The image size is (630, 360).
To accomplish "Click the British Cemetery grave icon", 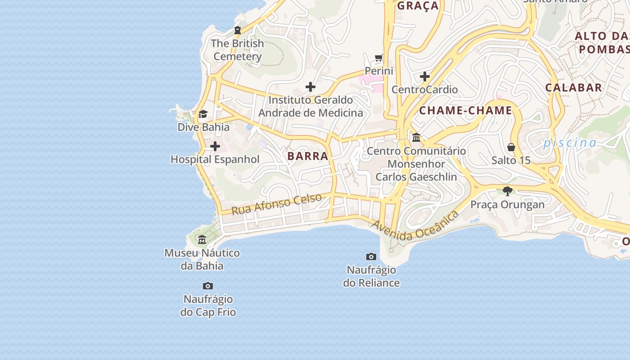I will tap(238, 30).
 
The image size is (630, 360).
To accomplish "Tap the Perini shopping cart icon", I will tap(379, 58).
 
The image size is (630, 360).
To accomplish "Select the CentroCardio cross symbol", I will tap(424, 76).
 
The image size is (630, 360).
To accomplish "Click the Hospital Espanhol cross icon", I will tap(215, 146).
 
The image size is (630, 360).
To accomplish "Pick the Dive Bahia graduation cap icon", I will tap(203, 114).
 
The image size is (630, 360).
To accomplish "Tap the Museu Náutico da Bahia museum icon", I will tap(202, 240).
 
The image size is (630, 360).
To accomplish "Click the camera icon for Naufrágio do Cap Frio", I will tap(208, 286).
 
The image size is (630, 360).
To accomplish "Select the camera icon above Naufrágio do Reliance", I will tap(371, 256).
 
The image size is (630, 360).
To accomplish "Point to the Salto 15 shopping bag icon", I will tap(511, 147).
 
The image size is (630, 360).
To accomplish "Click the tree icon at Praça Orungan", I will tap(508, 191).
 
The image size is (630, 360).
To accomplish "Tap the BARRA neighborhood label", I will tap(308, 156).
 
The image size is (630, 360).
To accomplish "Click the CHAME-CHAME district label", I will tap(466, 110).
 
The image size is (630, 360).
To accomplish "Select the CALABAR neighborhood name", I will tap(574, 87).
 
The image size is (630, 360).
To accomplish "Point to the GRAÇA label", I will tap(418, 6).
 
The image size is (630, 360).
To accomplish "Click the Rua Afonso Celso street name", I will tap(277, 204).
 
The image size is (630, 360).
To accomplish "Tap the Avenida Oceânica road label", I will tap(415, 225).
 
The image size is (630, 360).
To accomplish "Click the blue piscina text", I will tap(570, 143).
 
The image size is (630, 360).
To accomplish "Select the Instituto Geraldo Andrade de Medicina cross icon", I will tap(310, 87).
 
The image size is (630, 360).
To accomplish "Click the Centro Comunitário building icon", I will tap(416, 137).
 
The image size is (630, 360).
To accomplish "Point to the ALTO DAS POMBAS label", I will tap(603, 42).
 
